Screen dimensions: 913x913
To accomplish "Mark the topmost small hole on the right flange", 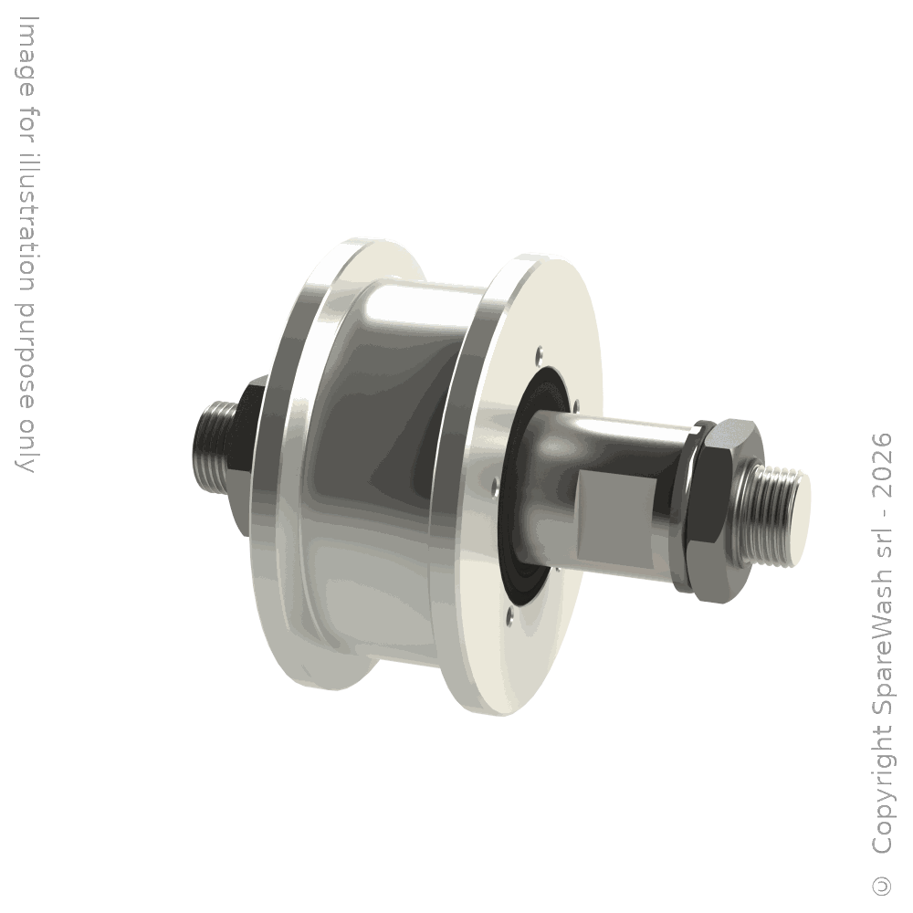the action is tap(540, 352).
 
